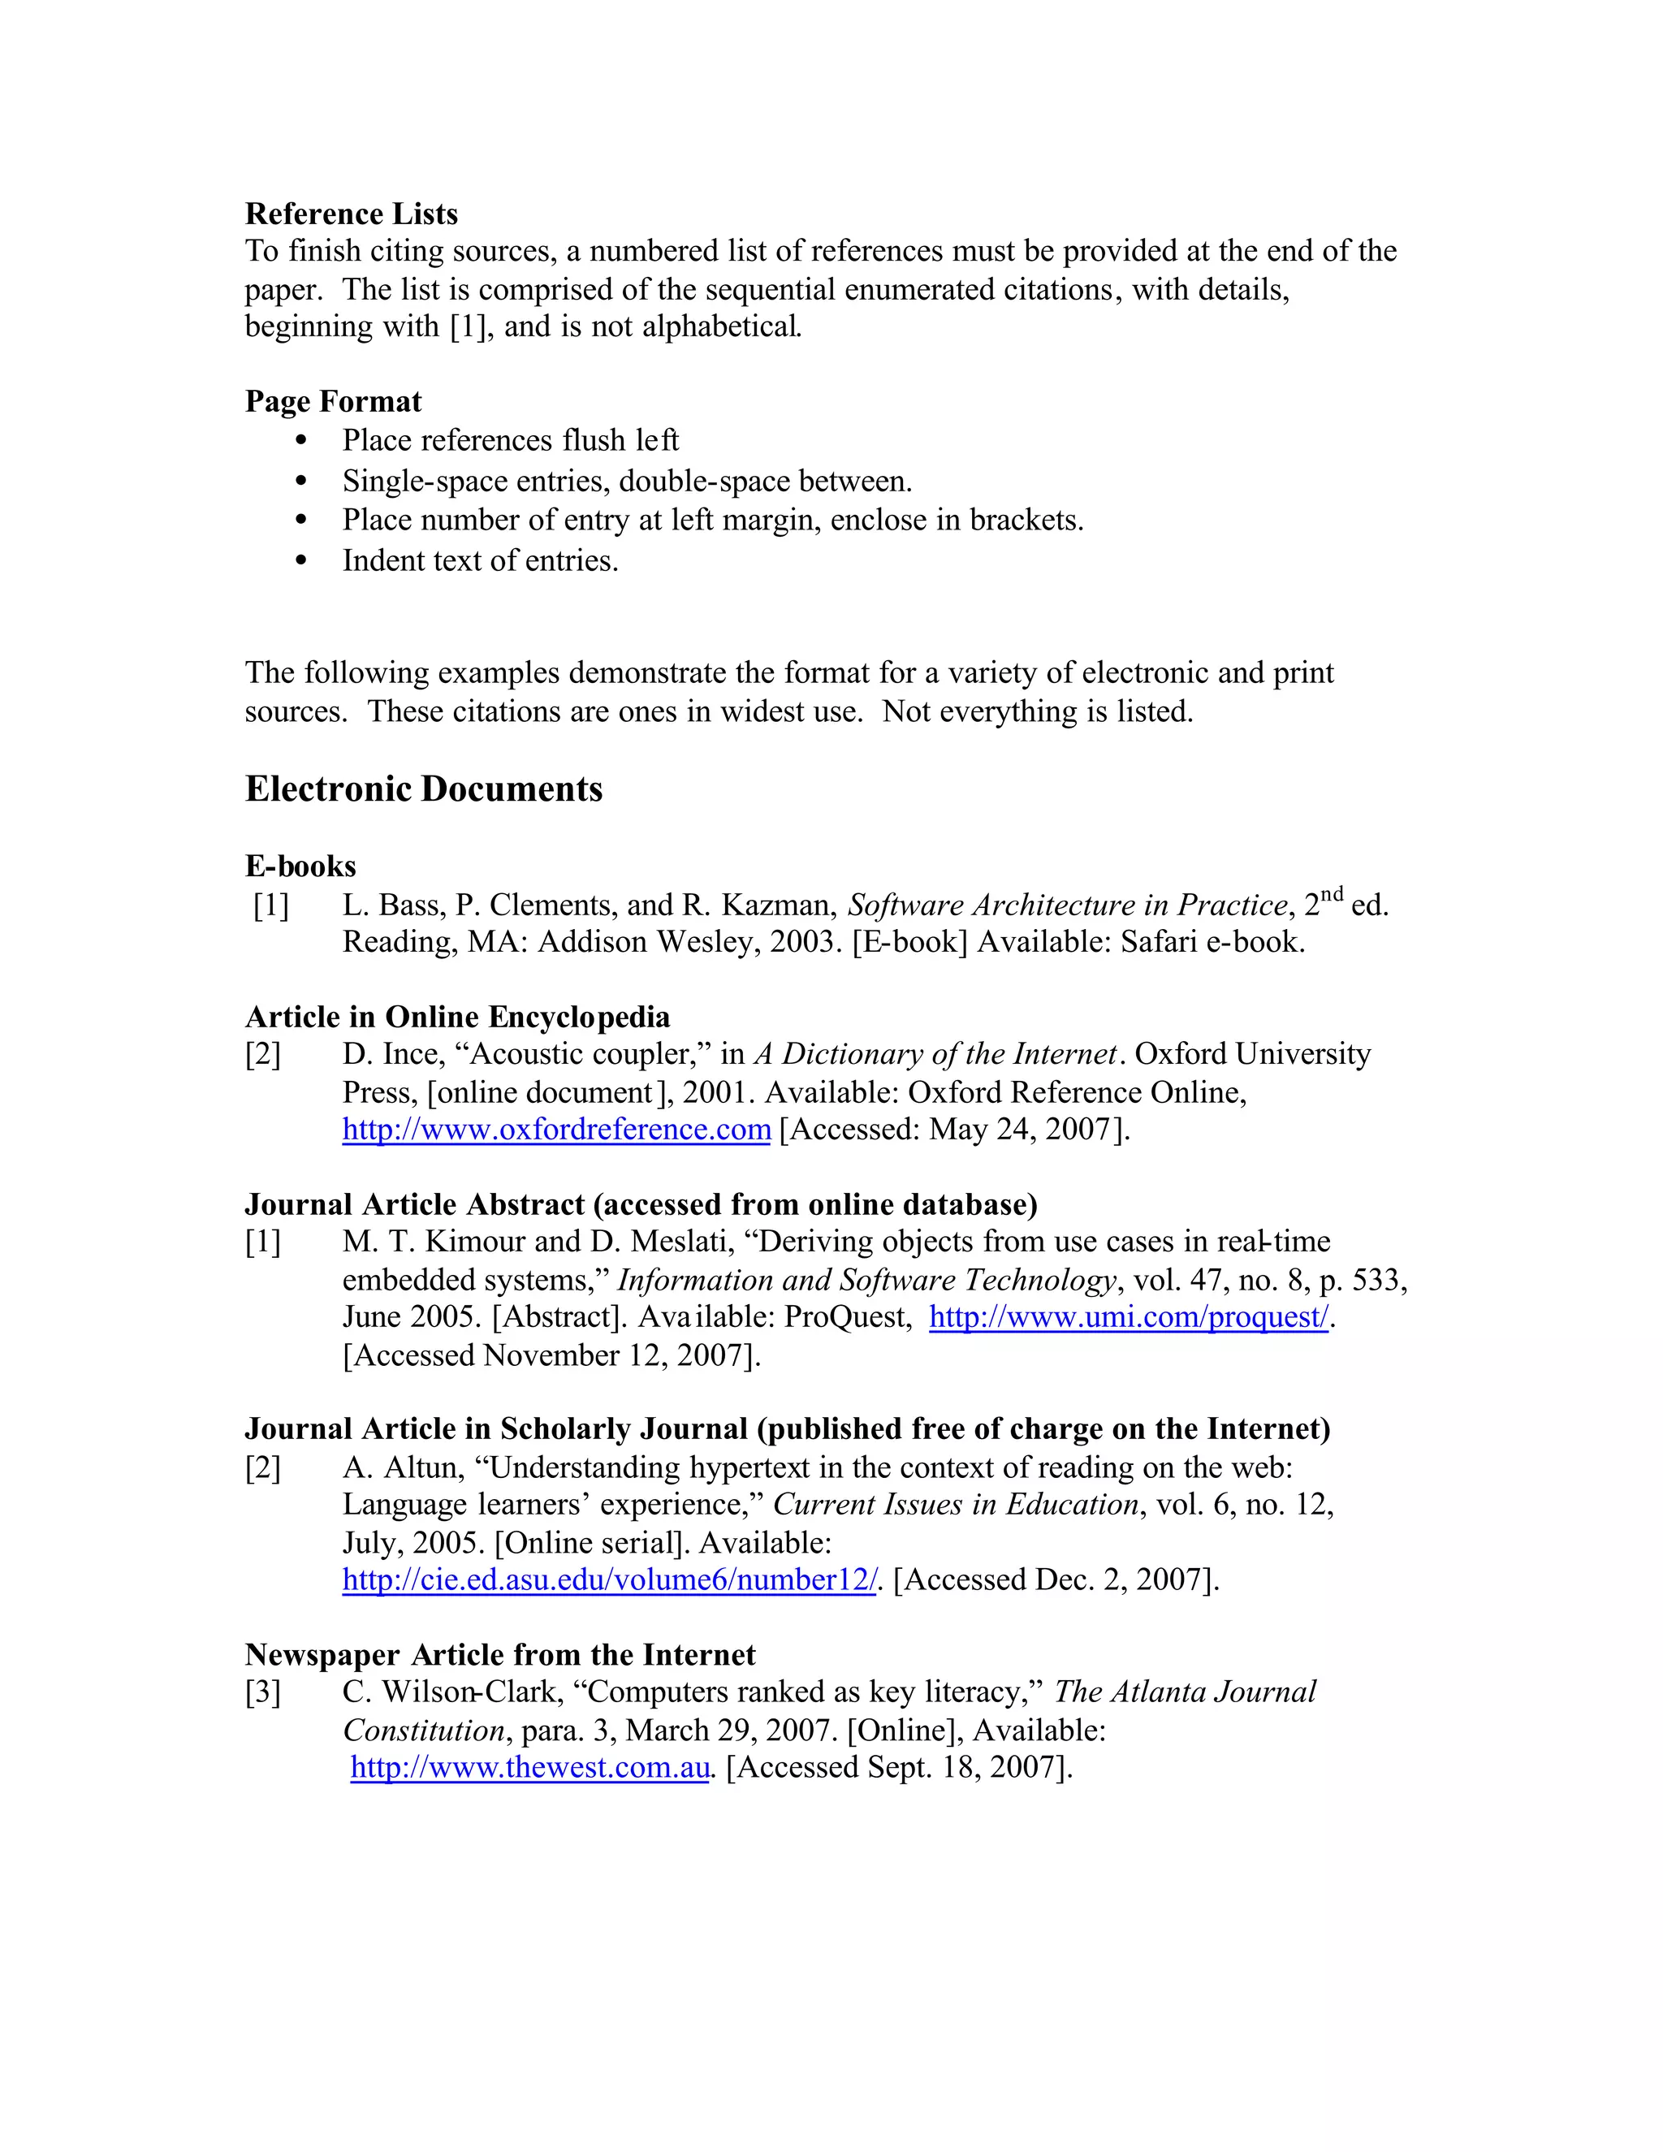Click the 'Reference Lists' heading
pos(351,214)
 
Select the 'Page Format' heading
pos(333,402)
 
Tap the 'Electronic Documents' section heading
pos(424,789)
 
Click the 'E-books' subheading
pos(300,866)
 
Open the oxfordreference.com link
pos(555,1130)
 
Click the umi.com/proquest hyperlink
pos(1129,1317)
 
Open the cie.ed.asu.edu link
pos(609,1580)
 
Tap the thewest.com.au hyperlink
pos(530,1768)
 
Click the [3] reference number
pos(263,1693)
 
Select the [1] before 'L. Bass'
pos(271,905)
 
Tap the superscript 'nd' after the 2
pos(1331,895)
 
